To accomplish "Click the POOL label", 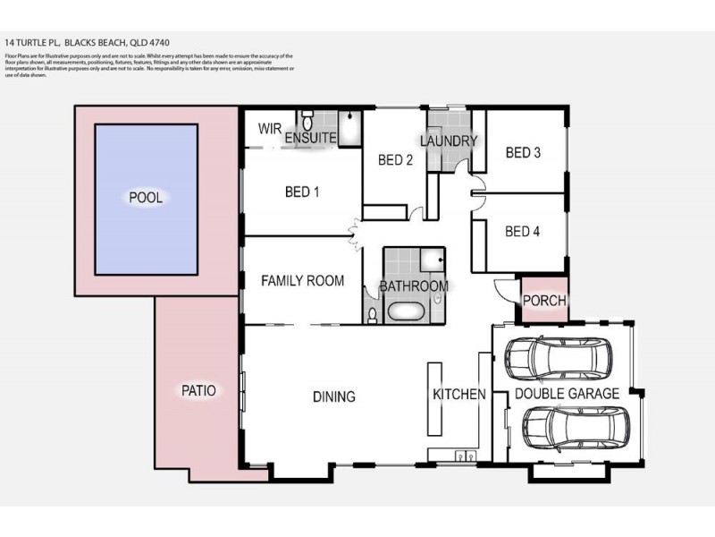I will pos(146,198).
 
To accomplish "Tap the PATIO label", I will pos(198,390).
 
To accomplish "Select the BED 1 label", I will pos(302,192).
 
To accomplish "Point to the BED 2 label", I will pos(395,161).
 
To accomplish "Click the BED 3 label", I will pos(523,153).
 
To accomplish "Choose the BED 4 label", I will pos(523,232).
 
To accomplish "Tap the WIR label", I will pos(270,129).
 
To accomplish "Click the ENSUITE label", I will pos(310,138).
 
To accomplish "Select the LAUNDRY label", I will pos(448,141).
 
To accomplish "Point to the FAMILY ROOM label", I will pos(302,281).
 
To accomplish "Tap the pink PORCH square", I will pos(543,300).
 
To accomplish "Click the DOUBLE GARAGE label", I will pos(567,394).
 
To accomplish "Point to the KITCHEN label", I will pos(459,395).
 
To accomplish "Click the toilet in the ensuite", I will pos(307,122).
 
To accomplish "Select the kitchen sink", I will pos(462,456).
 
